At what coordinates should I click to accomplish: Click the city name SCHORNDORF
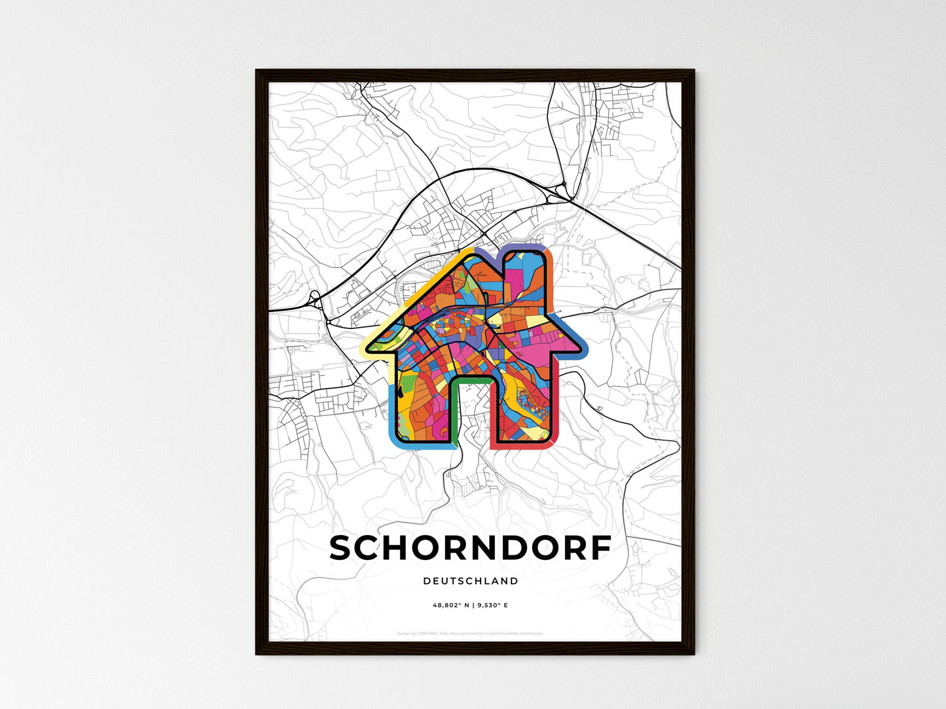coord(470,549)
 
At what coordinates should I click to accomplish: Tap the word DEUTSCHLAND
coord(470,581)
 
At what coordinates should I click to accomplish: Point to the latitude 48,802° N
coord(450,606)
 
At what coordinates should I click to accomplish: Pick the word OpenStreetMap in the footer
coord(505,633)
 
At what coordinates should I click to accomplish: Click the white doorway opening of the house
coord(471,412)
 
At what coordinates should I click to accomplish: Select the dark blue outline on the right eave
coord(576,334)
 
